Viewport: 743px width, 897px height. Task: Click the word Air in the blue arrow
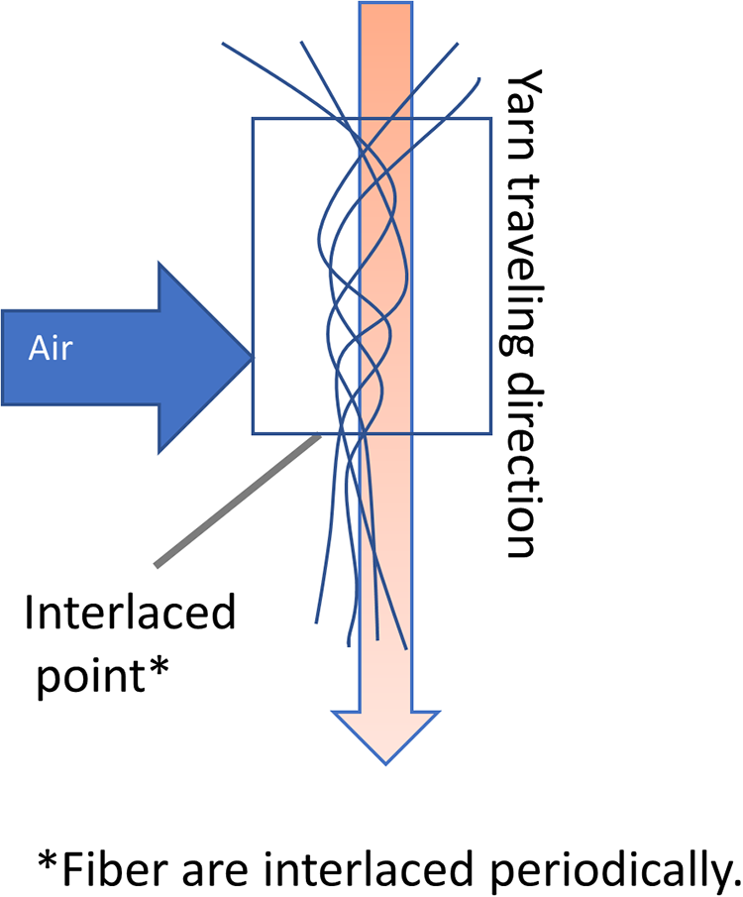51,347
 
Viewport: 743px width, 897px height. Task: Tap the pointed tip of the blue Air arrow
253,358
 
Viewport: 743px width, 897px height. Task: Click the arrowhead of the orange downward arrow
386,736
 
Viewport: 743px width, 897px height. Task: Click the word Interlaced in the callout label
130,612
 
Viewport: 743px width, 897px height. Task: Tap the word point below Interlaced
89,675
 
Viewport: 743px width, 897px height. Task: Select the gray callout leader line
238,502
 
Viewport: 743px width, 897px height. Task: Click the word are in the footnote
216,872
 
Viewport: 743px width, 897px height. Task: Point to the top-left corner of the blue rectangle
254,119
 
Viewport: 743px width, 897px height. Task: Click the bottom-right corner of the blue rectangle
490,433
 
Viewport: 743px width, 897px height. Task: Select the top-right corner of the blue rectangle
490,119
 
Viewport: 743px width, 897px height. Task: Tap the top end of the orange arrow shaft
385,3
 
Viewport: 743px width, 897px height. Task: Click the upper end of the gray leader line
319,436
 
